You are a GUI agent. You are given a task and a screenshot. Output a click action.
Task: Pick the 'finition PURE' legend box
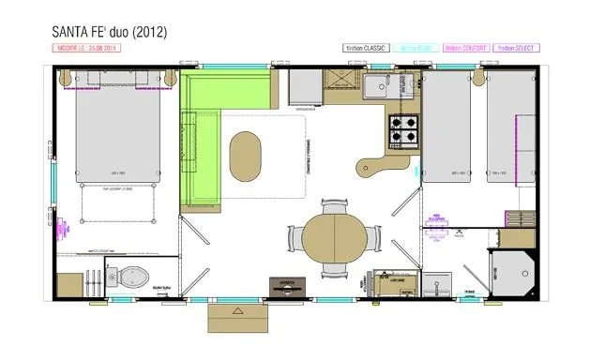[416, 47]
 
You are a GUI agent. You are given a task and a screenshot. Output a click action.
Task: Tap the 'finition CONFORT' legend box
[467, 47]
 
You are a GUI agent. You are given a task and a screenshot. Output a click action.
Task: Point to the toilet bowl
[133, 277]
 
